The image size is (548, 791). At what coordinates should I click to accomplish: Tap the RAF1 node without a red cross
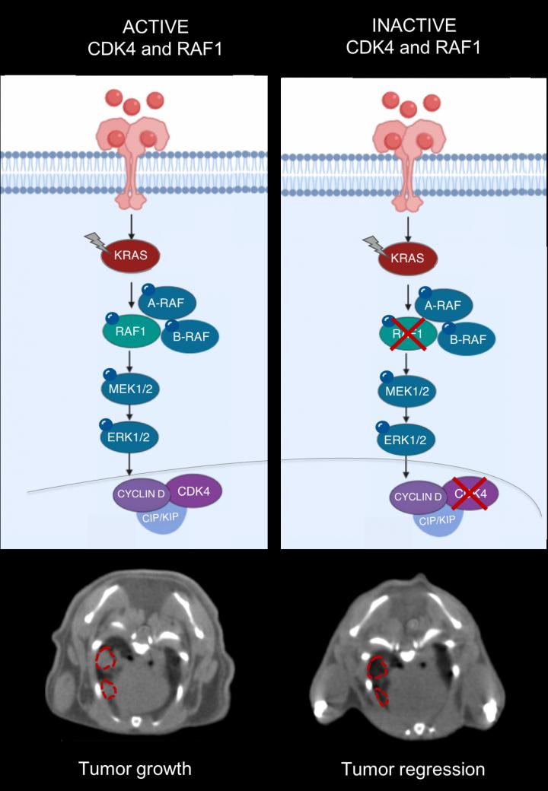[x=132, y=332]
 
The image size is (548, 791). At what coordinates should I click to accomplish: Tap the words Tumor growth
[x=135, y=769]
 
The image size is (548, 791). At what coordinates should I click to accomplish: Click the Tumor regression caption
[x=413, y=769]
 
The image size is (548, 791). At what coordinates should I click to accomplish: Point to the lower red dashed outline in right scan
[x=382, y=695]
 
